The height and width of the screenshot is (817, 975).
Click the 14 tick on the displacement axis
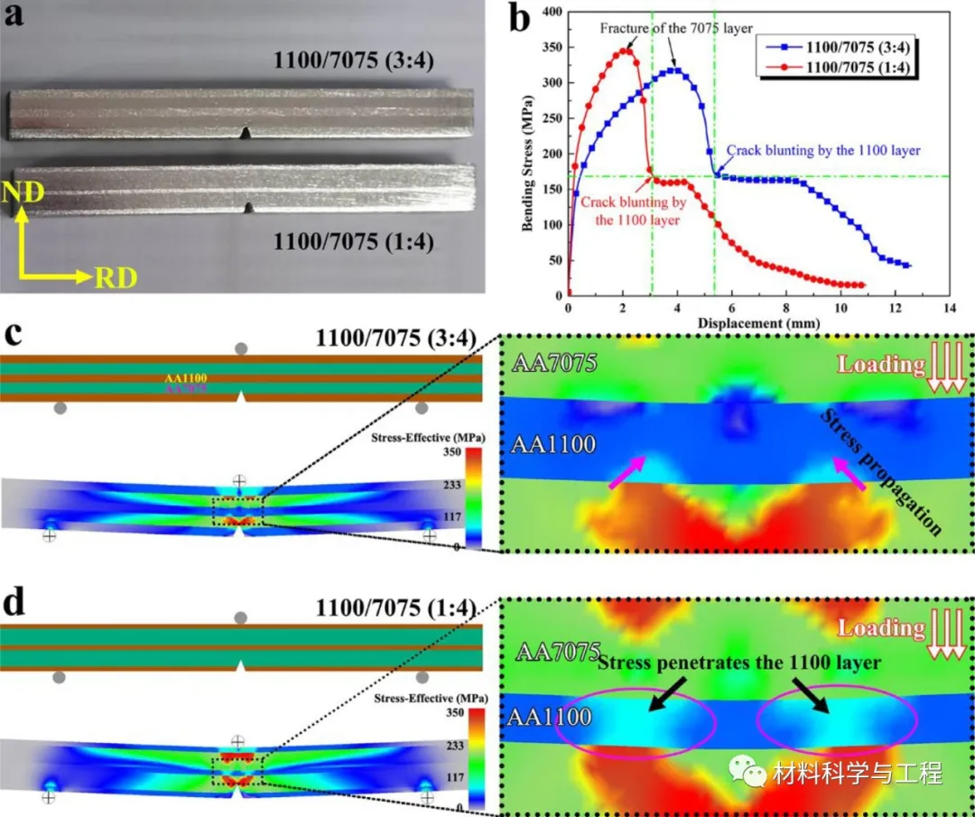[949, 307]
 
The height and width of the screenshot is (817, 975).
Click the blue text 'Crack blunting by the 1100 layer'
[823, 151]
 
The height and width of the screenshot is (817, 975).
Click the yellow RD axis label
[115, 276]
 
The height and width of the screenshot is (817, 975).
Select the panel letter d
[15, 603]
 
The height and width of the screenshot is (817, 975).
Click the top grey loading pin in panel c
[240, 349]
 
